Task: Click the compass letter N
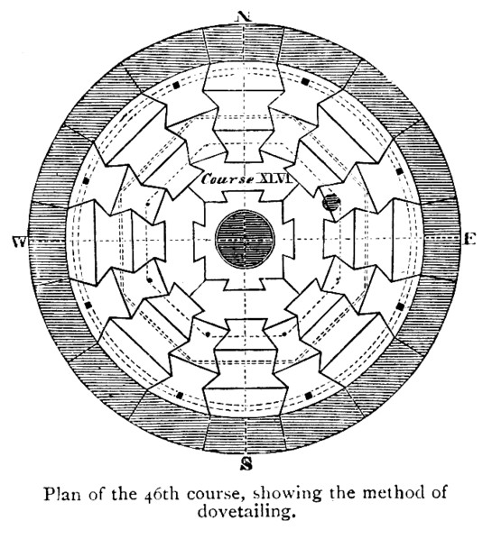243,16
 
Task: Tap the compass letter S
246,463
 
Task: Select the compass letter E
469,239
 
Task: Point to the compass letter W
19,242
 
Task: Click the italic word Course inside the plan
227,179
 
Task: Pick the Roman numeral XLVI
274,178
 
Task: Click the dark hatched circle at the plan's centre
245,239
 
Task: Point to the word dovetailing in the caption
246,511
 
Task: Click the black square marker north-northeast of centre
305,81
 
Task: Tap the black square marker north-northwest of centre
177,85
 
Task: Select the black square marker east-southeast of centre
400,306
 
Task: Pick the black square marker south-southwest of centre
179,395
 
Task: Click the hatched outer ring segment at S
246,434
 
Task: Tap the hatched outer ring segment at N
244,45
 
